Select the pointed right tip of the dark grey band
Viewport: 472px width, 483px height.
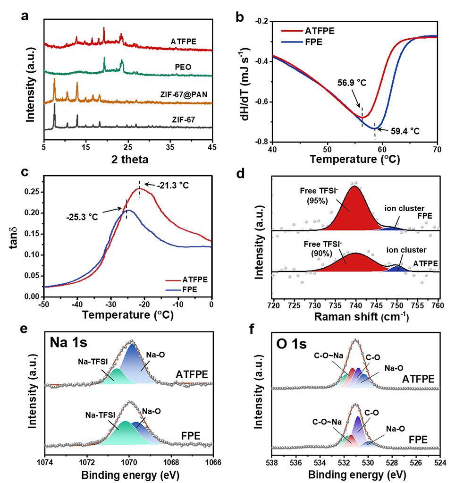tap(211, 127)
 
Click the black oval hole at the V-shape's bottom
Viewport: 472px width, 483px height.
tap(374, 122)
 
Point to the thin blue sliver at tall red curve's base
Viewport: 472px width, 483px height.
tap(394, 229)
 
